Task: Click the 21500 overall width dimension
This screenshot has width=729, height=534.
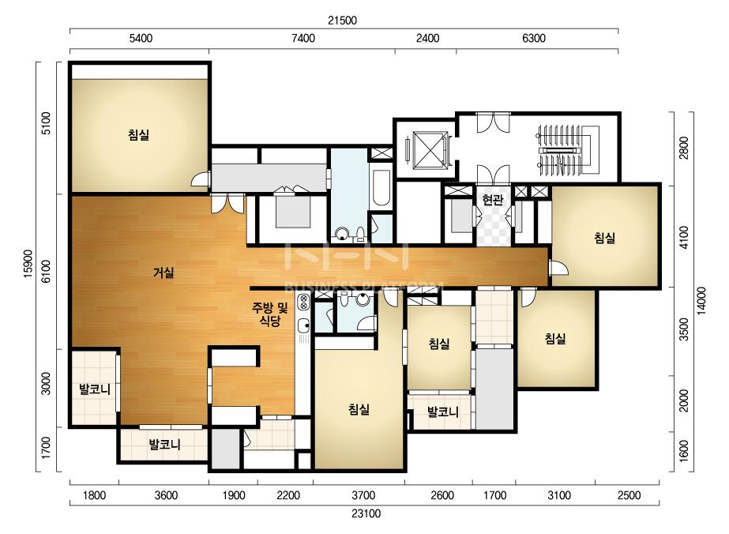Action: (342, 21)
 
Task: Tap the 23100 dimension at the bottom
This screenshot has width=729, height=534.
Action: (366, 513)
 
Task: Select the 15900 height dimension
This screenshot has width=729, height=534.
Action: (28, 264)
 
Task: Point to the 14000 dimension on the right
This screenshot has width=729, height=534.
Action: (702, 300)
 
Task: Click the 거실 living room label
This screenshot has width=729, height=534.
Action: (163, 272)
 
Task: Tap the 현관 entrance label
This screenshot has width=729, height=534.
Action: (492, 200)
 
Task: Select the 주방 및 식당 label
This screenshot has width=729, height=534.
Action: (269, 314)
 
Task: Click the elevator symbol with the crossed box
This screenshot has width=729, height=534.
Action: (429, 150)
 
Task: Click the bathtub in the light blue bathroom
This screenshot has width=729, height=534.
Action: (381, 188)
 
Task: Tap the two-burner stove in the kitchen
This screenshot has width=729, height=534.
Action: (303, 302)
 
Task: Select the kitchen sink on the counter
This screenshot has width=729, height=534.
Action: (303, 325)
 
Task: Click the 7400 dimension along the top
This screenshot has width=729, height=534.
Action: (303, 38)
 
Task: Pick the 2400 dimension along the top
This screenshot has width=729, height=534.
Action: (428, 38)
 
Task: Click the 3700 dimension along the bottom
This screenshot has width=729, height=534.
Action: (363, 495)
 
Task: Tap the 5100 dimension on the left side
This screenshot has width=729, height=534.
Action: (46, 123)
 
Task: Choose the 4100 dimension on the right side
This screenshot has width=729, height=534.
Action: (684, 237)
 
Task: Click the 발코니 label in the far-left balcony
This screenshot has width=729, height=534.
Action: (95, 389)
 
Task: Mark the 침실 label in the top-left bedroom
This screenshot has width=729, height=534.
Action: (138, 135)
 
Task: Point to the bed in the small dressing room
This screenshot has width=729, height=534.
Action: (292, 210)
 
